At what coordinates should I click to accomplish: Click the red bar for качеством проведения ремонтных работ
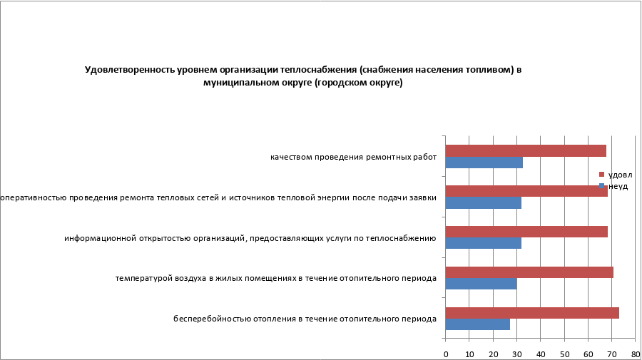[x=526, y=150]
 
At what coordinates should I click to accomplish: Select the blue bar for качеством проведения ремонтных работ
[x=484, y=163]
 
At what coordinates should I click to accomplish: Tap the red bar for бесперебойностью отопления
[x=532, y=312]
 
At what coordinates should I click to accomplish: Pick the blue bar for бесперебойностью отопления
[x=477, y=324]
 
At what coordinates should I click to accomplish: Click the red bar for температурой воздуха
[x=529, y=272]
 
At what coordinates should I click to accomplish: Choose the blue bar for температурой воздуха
[x=481, y=284]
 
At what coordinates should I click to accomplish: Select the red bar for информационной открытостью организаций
[x=526, y=232]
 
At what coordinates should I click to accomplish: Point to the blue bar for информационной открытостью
[x=483, y=243]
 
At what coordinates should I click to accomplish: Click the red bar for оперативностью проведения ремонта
[x=526, y=191]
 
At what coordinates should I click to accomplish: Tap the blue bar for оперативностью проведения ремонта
[x=483, y=202]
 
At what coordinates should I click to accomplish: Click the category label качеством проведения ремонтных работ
[x=353, y=157]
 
